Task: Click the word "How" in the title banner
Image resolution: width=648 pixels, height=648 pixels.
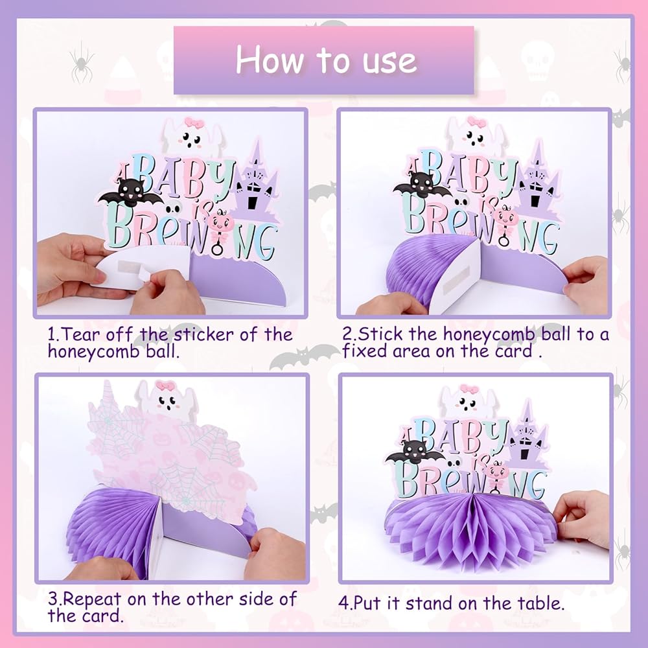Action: pyautogui.click(x=269, y=60)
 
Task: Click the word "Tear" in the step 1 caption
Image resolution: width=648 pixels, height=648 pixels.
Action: pyautogui.click(x=81, y=334)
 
